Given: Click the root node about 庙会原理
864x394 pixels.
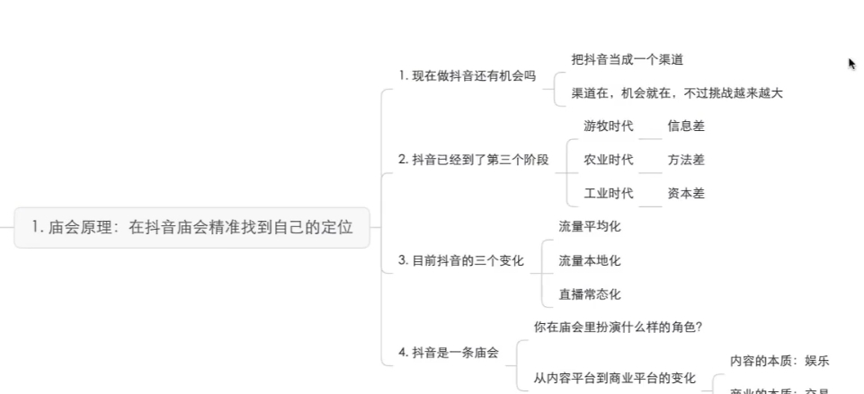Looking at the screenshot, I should pyautogui.click(x=192, y=228).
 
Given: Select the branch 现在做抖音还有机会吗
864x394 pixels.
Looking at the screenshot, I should pyautogui.click(x=467, y=76).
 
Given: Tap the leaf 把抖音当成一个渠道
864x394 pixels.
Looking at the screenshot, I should pyautogui.click(x=627, y=59).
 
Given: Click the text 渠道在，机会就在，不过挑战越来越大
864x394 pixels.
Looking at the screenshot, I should pyautogui.click(x=676, y=93).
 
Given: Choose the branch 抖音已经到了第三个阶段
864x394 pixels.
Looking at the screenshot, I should pyautogui.click(x=473, y=160).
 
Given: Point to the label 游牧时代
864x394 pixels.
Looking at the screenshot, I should pyautogui.click(x=608, y=127).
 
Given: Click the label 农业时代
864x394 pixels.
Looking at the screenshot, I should pyautogui.click(x=608, y=160).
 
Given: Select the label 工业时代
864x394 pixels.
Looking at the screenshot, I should pyautogui.click(x=608, y=193).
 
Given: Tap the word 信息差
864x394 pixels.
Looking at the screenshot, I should pyautogui.click(x=685, y=127).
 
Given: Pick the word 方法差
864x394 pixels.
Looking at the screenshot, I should pyautogui.click(x=685, y=160).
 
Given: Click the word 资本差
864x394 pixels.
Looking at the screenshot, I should pyautogui.click(x=685, y=193).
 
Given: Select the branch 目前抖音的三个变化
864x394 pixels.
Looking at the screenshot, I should pyautogui.click(x=460, y=261).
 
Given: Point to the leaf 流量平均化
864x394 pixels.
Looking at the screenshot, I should pyautogui.click(x=589, y=227).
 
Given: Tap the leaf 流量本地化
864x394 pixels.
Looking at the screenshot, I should pyautogui.click(x=589, y=261).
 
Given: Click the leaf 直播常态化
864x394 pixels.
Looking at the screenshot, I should pyautogui.click(x=589, y=294).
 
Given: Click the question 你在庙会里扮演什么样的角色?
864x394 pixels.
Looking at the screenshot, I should pyautogui.click(x=618, y=328).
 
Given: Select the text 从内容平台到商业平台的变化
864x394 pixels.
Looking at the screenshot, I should pyautogui.click(x=614, y=378).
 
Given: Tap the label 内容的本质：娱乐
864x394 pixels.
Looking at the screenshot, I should pyautogui.click(x=779, y=361).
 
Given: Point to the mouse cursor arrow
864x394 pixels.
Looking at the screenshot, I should pyautogui.click(x=851, y=64).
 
